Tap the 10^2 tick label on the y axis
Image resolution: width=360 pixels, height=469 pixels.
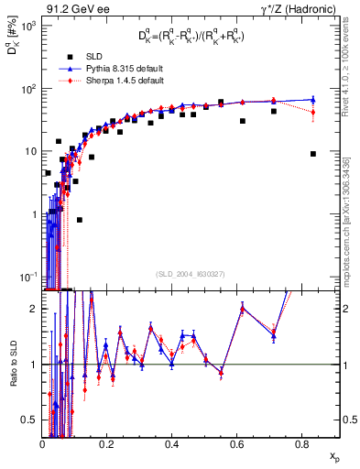[x=29, y=89]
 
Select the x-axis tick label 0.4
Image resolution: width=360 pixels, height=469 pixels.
[x=172, y=442]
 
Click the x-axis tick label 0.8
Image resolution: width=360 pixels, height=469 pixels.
[x=301, y=442]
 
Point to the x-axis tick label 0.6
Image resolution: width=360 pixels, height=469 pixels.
[x=236, y=442]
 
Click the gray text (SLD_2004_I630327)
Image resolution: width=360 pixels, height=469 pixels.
[x=191, y=273]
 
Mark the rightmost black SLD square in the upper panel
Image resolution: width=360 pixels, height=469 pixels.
[x=313, y=154]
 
